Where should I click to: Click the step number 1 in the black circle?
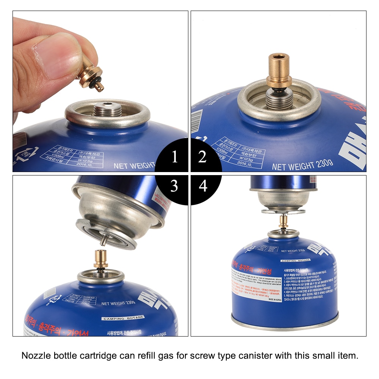tap(174, 157)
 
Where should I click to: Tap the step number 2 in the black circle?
tap(203, 157)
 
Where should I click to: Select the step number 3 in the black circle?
tap(174, 186)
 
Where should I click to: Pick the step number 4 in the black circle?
tap(203, 186)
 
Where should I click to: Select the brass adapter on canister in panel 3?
tap(101, 260)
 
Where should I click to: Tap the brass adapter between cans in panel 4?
tap(283, 222)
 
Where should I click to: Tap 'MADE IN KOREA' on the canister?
tap(276, 299)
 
